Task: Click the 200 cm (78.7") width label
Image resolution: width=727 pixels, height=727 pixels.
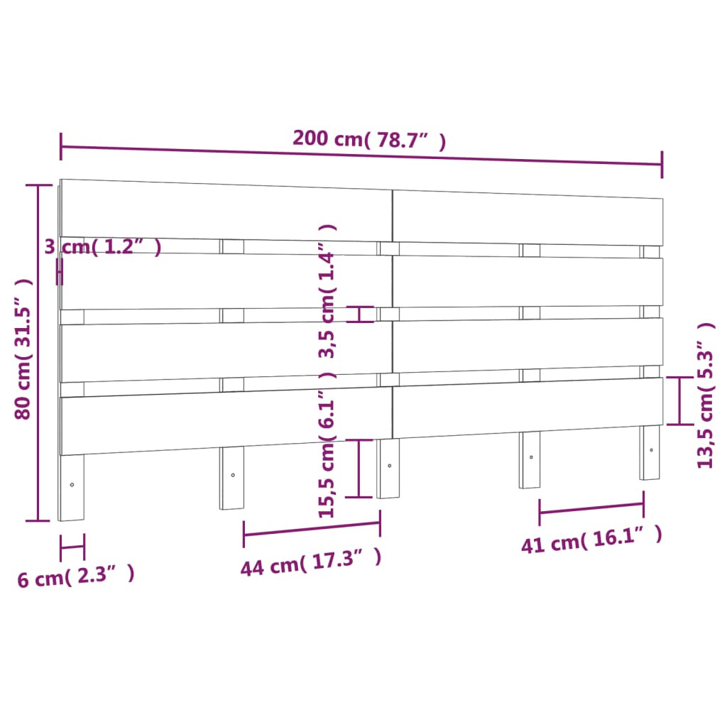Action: tap(369, 139)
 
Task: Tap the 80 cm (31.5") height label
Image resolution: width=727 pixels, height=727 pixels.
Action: tap(23, 349)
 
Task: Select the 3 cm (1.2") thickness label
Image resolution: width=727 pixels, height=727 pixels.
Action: tap(103, 246)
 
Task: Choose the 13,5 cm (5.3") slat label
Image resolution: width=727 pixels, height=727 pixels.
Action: tap(706, 395)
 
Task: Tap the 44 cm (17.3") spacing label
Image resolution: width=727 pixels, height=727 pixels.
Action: tap(311, 562)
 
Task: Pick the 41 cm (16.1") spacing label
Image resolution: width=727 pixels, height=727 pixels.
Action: tap(591, 540)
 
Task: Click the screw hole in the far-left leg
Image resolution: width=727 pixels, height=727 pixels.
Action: tap(72, 485)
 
